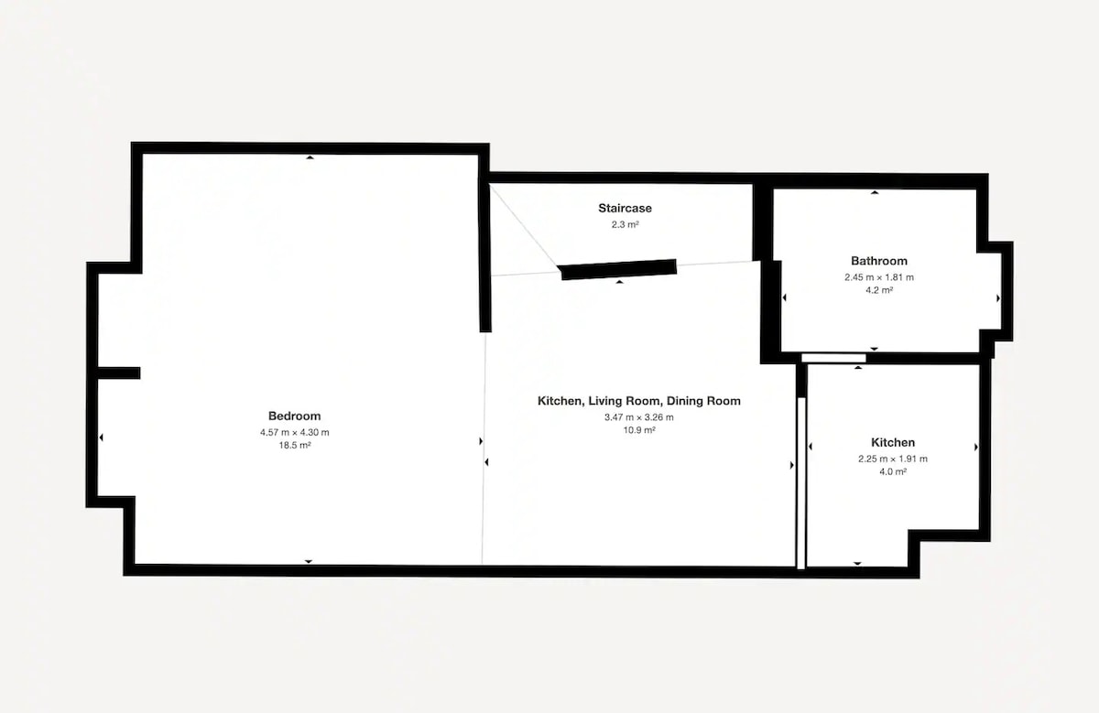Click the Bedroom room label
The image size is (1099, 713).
click(294, 416)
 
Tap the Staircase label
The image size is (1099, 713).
click(625, 208)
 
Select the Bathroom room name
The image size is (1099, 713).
click(879, 261)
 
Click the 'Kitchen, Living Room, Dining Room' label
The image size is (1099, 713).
click(639, 401)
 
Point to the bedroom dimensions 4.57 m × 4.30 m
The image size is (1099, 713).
click(294, 433)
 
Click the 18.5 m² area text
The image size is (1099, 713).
click(294, 445)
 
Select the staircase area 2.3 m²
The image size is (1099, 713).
click(625, 224)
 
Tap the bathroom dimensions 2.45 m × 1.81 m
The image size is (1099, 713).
click(879, 277)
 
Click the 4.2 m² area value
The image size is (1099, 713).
click(879, 290)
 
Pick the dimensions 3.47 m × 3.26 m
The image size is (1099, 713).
click(639, 417)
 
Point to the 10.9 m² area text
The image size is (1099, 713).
click(639, 430)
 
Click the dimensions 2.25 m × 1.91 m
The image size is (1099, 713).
click(893, 459)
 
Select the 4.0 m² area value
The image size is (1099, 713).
click(893, 471)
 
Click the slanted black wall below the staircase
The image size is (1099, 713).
click(619, 270)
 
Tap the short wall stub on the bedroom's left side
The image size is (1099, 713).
click(119, 373)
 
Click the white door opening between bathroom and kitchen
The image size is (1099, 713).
click(833, 358)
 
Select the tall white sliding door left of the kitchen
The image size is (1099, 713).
click(801, 483)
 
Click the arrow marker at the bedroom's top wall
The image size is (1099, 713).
click(310, 157)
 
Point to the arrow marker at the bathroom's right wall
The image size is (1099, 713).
click(998, 298)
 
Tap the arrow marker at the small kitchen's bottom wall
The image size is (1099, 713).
click(857, 564)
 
